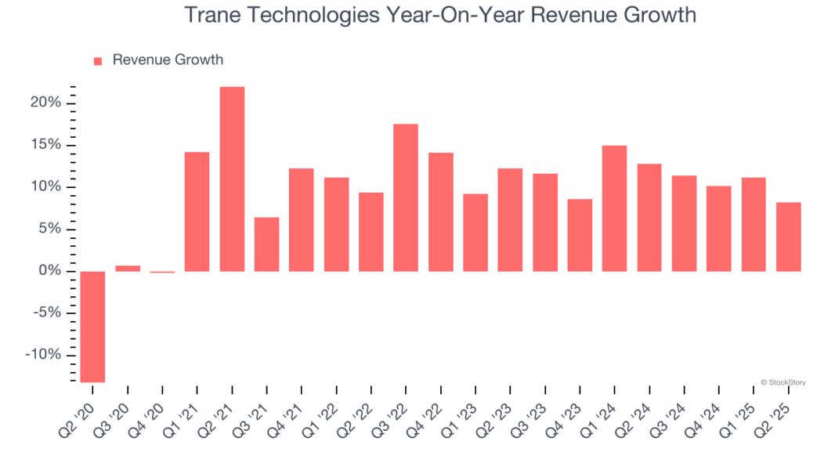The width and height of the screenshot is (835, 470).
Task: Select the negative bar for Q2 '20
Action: click(x=92, y=327)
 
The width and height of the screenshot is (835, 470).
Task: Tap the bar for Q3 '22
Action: click(x=406, y=197)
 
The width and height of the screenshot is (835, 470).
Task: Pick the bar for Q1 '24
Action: click(x=614, y=208)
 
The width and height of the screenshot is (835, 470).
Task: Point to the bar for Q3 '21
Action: click(x=266, y=244)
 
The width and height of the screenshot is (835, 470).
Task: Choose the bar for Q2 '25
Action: click(x=788, y=237)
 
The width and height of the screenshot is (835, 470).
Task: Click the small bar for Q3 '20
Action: click(x=128, y=268)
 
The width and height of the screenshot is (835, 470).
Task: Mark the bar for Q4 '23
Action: click(x=580, y=235)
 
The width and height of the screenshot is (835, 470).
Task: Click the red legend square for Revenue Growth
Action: click(x=98, y=61)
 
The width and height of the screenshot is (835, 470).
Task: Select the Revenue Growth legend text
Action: click(x=168, y=60)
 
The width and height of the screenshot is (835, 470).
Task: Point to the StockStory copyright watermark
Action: click(x=783, y=383)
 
